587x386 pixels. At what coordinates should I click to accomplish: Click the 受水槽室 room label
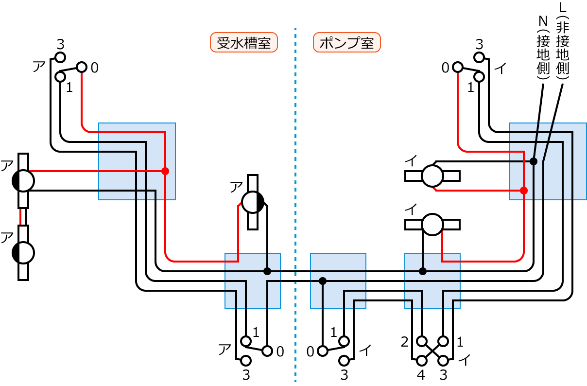pos(243,43)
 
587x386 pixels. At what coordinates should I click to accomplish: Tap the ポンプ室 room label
pos(346,43)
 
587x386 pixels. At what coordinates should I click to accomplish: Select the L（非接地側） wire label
pos(563,41)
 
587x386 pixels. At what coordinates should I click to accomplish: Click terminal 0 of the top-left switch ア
pos(81,67)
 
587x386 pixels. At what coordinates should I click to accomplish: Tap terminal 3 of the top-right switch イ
pos(479,57)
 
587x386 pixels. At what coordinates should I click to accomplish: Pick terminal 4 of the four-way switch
pos(421,361)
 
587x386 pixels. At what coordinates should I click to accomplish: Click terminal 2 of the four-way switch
pos(421,341)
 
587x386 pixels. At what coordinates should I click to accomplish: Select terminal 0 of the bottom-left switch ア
pos(267,351)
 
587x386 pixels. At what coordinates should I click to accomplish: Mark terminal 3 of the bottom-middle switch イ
pos(345,361)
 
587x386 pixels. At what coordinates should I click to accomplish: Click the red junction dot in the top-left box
pos(165,171)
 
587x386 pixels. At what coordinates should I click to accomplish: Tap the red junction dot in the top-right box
pos(523,191)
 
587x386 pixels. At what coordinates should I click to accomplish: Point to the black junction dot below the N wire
pos(534,161)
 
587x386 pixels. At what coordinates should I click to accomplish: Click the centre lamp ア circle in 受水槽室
pos(252,202)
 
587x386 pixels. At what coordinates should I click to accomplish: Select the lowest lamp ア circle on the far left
pos(23,252)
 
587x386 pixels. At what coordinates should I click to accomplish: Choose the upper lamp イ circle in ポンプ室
pos(432,176)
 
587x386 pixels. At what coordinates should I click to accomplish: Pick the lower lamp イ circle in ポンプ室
pos(432,225)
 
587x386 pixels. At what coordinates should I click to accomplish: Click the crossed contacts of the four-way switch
pos(432,351)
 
